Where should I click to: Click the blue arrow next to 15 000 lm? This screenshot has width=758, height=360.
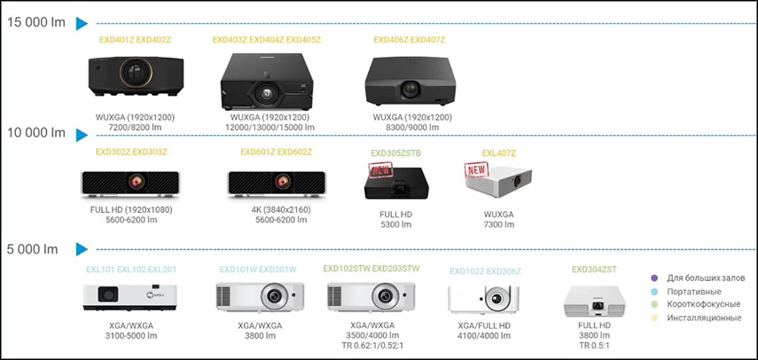pyautogui.click(x=82, y=24)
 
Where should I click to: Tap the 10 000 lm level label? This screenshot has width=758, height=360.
pyautogui.click(x=36, y=133)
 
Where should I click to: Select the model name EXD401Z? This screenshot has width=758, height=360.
pyautogui.click(x=117, y=40)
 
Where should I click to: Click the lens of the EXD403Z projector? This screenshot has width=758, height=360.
pyautogui.click(x=265, y=93)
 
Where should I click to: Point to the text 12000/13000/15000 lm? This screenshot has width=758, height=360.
pyautogui.click(x=270, y=128)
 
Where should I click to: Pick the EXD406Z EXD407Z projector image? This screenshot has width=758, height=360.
pyautogui.click(x=410, y=81)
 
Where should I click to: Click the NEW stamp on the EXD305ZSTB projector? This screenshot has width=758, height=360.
pyautogui.click(x=381, y=169)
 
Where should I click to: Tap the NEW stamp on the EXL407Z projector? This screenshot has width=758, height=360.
pyautogui.click(x=477, y=169)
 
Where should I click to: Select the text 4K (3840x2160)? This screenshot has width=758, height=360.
pyautogui.click(x=280, y=210)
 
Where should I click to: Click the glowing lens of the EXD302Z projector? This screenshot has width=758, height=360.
pyautogui.click(x=136, y=182)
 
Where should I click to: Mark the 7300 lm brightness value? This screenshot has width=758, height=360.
pyautogui.click(x=499, y=224)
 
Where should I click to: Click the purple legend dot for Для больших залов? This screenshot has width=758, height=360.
pyautogui.click(x=655, y=278)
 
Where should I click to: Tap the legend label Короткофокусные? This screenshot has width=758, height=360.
pyautogui.click(x=704, y=304)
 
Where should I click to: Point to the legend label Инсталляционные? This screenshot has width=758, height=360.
pyautogui.click(x=704, y=318)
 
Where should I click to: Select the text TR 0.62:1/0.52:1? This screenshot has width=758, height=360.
pyautogui.click(x=371, y=345)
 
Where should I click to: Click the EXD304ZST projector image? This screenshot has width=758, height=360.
pyautogui.click(x=595, y=301)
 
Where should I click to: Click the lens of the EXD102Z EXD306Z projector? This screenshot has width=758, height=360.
pyautogui.click(x=495, y=299)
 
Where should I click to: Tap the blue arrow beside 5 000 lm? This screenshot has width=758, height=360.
pyautogui.click(x=82, y=249)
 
